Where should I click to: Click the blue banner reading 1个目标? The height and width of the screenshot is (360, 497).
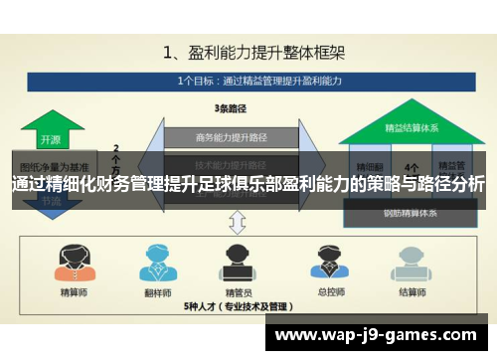pos(248,80)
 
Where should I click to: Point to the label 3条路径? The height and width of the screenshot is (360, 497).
pos(230,109)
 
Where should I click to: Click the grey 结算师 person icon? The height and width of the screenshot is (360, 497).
pos(408,263)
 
